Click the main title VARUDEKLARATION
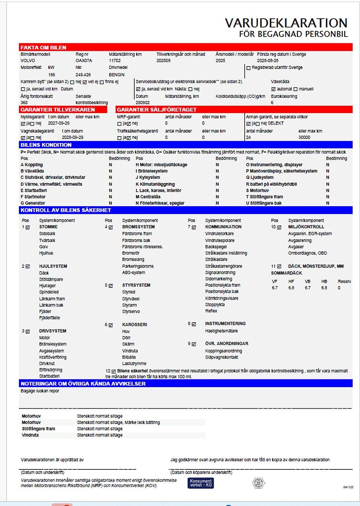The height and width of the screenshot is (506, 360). (286, 23)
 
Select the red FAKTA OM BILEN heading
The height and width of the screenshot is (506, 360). (43, 48)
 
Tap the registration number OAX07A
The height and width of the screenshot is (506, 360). (84, 61)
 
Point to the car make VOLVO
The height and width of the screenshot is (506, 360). (28, 61)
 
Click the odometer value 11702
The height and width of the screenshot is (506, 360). (115, 61)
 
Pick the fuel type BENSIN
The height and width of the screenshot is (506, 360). (117, 75)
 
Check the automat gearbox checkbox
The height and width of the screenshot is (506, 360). (273, 89)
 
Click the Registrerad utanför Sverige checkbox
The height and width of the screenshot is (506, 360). (249, 68)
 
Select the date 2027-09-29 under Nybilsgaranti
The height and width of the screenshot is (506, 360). (59, 124)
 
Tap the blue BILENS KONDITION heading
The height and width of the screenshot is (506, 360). (46, 145)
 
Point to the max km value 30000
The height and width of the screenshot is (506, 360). (304, 138)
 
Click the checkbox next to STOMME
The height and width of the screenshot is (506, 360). (28, 227)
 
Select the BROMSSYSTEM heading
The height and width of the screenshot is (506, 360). (138, 227)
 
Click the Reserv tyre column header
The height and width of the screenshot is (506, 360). (344, 282)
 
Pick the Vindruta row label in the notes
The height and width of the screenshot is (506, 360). (30, 435)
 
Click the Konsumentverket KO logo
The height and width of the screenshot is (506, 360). (200, 483)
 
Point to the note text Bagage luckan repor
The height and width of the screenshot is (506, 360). (40, 391)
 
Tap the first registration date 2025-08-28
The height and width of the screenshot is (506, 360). (268, 61)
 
